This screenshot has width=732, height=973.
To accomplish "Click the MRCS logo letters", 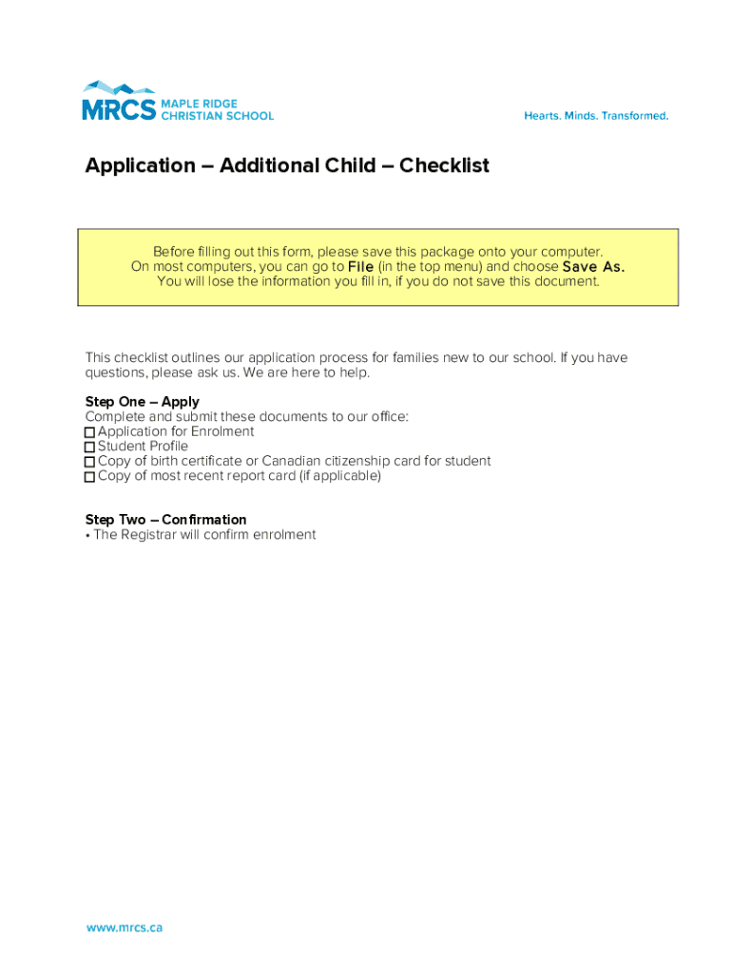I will [118, 109].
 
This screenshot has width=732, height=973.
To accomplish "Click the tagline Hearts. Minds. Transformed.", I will [596, 116].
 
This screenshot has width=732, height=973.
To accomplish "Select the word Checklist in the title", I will [444, 165].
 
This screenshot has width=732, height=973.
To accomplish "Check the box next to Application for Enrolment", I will [90, 432].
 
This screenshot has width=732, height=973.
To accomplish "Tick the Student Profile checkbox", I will [90, 447].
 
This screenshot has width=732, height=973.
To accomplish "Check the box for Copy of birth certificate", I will [90, 462].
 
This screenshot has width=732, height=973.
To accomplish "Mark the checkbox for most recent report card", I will [90, 477].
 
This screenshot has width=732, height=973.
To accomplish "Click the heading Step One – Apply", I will [142, 402].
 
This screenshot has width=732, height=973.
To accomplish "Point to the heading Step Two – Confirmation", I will [165, 520].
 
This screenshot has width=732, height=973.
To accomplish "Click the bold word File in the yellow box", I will [360, 267].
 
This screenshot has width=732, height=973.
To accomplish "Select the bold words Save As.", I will [593, 267].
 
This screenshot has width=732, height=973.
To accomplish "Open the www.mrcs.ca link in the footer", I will [125, 927].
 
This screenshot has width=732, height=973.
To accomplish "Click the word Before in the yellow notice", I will [174, 252].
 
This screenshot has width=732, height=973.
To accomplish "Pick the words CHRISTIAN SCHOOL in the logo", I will [217, 116].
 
